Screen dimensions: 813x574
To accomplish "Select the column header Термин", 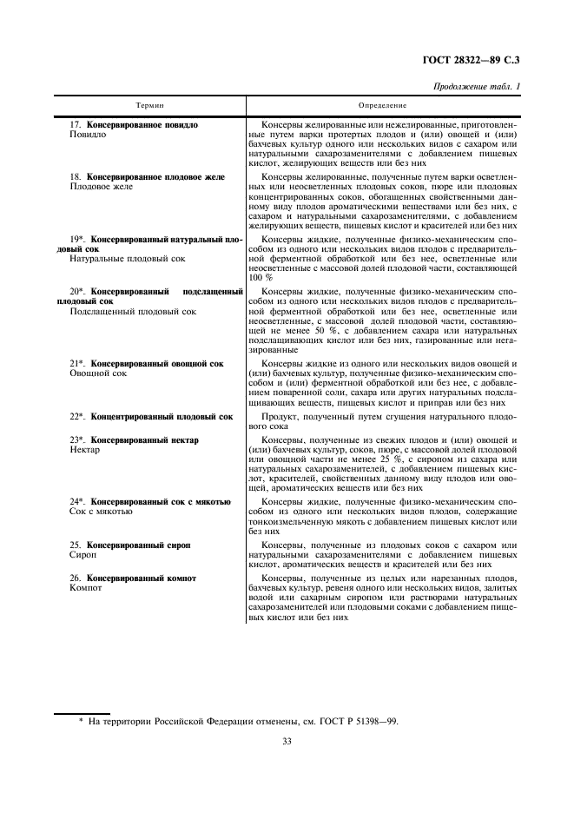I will [x=149, y=105].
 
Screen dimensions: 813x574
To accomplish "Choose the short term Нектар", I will [x=84, y=450].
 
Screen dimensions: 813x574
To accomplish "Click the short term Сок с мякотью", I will [x=101, y=512].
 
